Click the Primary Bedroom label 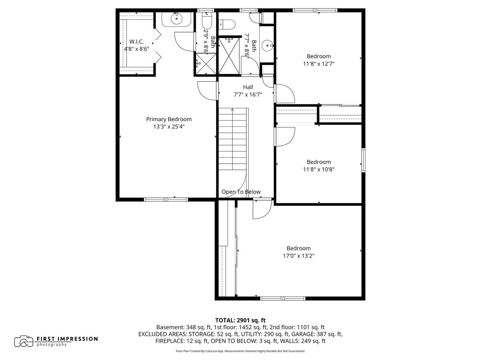coord(169,119)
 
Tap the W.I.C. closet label coord(136,42)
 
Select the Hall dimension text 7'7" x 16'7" coord(248,94)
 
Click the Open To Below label coord(241,192)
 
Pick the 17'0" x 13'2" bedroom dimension coord(298,256)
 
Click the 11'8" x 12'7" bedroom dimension coord(319,63)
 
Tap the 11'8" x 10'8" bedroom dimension coord(319,169)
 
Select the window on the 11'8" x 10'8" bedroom coord(364,160)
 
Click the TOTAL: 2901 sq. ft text coord(240,320)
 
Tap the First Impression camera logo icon coord(24,341)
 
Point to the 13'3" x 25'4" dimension coord(169,126)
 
